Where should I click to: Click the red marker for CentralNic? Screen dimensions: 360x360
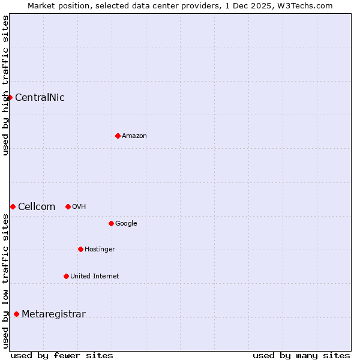[x=10, y=97]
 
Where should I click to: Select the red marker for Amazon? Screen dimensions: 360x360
[x=118, y=136]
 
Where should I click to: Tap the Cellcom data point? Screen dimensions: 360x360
[x=13, y=206]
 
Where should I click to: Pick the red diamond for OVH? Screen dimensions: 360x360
[x=68, y=206]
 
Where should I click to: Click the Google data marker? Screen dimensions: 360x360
[x=111, y=223]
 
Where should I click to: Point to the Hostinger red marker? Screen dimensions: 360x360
[x=80, y=249]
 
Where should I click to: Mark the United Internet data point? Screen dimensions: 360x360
[x=66, y=276]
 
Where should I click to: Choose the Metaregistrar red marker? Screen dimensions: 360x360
[x=16, y=314]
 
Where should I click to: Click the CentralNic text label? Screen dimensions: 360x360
[x=40, y=98]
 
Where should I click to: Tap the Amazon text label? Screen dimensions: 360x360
[x=134, y=136]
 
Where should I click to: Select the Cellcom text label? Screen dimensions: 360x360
[x=37, y=207]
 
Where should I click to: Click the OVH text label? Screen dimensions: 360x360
[x=79, y=207]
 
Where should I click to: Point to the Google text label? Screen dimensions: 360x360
[x=126, y=224]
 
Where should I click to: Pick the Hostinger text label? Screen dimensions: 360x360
[x=100, y=250]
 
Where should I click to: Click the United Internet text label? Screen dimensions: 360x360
[x=95, y=277]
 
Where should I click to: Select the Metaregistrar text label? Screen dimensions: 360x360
[x=53, y=314]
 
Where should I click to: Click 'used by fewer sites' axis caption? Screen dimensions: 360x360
[x=62, y=355]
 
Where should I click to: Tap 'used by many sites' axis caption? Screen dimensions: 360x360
[x=301, y=355]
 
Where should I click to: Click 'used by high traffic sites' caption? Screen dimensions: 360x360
[x=5, y=85]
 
